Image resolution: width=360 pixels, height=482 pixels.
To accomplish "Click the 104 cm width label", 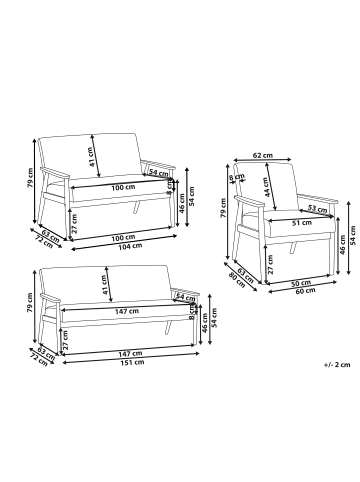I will click(x=122, y=247).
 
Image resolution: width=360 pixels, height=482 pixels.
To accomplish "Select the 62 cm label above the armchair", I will click(x=263, y=155).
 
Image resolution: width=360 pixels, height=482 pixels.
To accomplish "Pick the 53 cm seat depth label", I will click(x=319, y=208).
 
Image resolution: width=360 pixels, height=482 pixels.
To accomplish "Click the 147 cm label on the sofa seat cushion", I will click(x=125, y=311).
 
